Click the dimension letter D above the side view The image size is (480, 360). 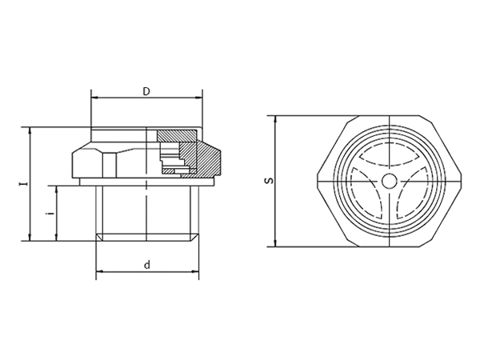tap(146, 91)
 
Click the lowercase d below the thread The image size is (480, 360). tap(146, 265)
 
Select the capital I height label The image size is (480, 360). tap(22, 183)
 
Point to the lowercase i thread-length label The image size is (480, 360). tap(50, 214)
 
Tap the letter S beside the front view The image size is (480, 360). tap(269, 182)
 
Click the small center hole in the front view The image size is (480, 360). tap(388, 181)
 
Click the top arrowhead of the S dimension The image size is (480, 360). tap(275, 120)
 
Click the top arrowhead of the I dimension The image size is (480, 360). tap(30, 130)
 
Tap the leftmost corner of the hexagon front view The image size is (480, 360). tap(317, 182)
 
